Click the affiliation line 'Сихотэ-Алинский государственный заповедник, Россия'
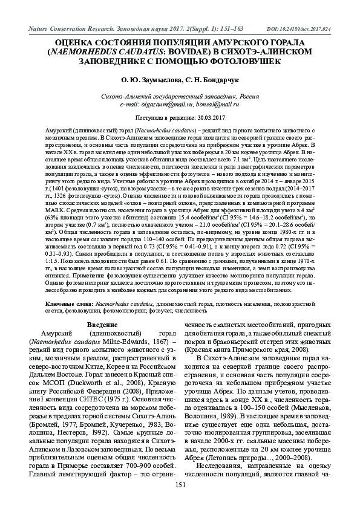tap(180, 96)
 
